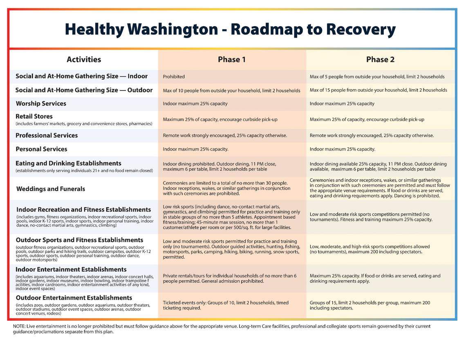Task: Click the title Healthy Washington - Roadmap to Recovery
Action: (230, 29)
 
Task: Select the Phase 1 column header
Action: (231, 59)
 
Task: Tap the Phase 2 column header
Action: (380, 59)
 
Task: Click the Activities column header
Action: (84, 59)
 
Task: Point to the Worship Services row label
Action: (41, 103)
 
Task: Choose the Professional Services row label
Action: (47, 135)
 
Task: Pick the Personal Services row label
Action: (41, 149)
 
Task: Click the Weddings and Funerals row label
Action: (51, 189)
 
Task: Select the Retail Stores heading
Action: (34, 116)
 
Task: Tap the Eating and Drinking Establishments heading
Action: (69, 163)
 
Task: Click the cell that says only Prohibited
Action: (174, 76)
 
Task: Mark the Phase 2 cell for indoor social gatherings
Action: (377, 76)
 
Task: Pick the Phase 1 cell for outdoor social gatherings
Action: (231, 90)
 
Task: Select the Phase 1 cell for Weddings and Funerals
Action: (226, 188)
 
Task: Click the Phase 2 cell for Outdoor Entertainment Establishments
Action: (370, 305)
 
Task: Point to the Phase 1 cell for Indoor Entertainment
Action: (229, 278)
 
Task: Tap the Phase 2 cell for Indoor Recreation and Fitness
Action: (371, 217)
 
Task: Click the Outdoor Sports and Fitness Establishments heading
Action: (79, 240)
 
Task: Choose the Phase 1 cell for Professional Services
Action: (225, 135)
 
